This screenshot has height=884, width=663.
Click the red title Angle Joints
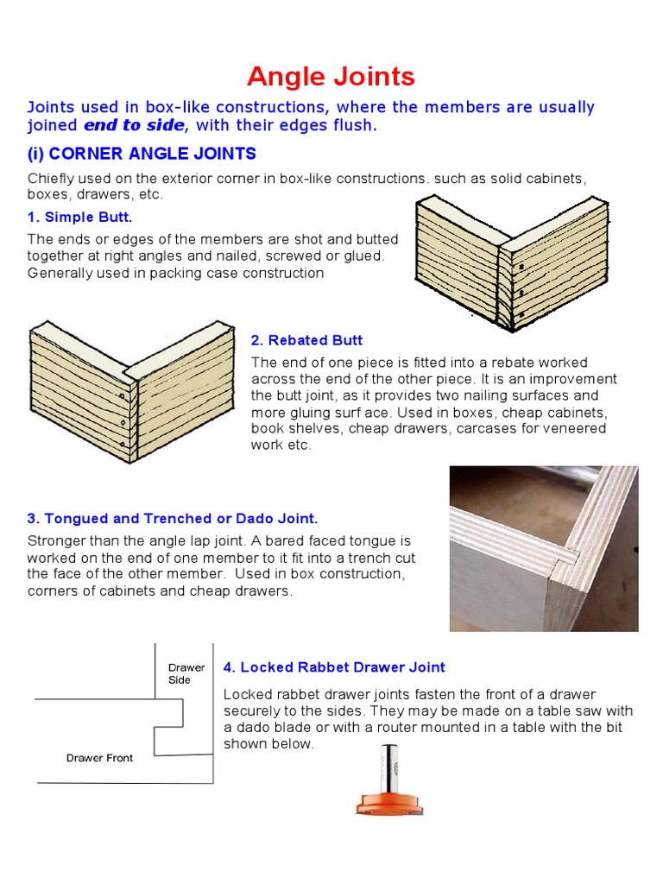click(x=331, y=77)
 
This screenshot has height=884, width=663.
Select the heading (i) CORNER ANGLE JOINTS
click(x=142, y=155)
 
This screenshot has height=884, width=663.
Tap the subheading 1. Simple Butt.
click(x=79, y=217)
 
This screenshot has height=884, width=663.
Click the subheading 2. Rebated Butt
click(x=306, y=340)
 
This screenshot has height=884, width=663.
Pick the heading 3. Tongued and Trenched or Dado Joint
click(x=173, y=519)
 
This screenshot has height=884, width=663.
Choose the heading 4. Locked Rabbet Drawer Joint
click(x=334, y=667)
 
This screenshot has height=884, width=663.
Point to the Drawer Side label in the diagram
click(x=186, y=673)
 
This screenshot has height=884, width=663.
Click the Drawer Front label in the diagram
click(x=99, y=758)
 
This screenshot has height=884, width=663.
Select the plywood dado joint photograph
click(x=544, y=548)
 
